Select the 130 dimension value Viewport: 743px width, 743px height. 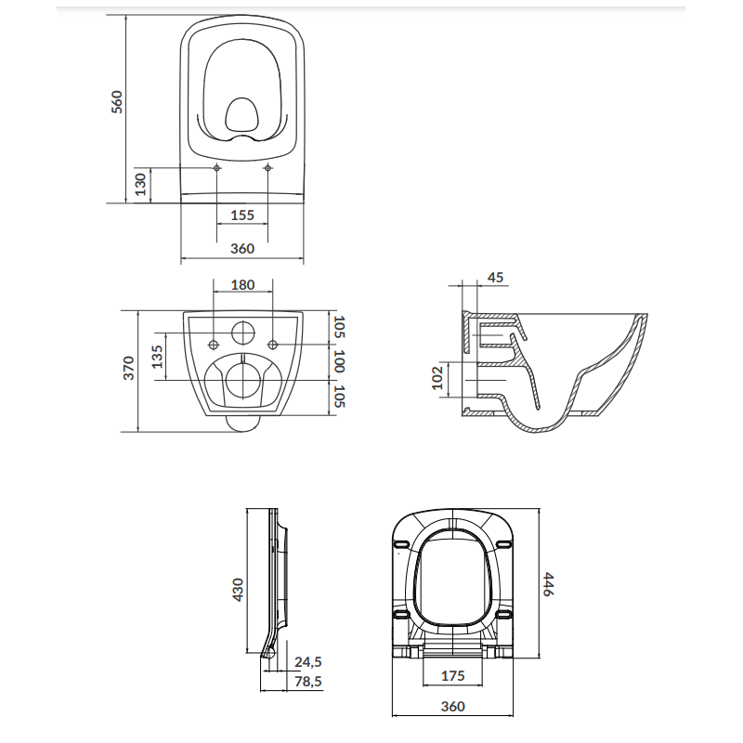pyautogui.click(x=139, y=184)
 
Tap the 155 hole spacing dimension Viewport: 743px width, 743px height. pyautogui.click(x=241, y=215)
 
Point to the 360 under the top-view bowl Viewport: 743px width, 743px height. pyautogui.click(x=241, y=248)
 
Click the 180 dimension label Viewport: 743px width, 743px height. pyautogui.click(x=241, y=285)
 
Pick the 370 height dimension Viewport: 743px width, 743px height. pyautogui.click(x=129, y=369)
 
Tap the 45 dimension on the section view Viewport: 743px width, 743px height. pyautogui.click(x=495, y=277)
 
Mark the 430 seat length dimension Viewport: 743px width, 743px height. pyautogui.click(x=238, y=590)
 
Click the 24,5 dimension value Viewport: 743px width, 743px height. pyautogui.click(x=307, y=662)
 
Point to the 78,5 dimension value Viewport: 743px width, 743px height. pyautogui.click(x=307, y=682)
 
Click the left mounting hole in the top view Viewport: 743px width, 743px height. pyautogui.click(x=216, y=168)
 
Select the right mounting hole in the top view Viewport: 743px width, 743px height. pyautogui.click(x=267, y=168)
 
